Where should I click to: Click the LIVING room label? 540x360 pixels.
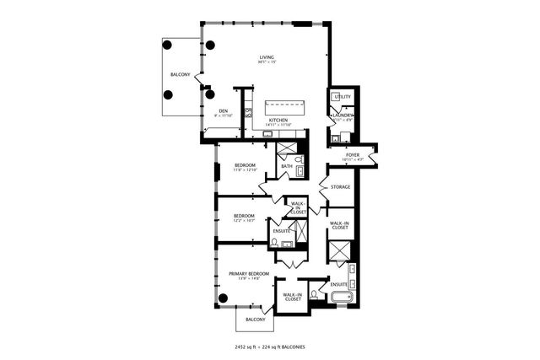click(267, 56)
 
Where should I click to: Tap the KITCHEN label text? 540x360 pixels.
click(278, 120)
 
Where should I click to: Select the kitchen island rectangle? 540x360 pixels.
click(289, 107)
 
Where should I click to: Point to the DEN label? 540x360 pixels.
click(224, 110)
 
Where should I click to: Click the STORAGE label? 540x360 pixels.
click(340, 186)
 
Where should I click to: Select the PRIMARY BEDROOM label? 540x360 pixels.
click(248, 274)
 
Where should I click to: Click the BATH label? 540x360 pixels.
click(287, 166)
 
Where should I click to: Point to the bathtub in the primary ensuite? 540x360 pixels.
click(341, 297)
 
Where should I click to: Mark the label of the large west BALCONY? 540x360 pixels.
click(180, 75)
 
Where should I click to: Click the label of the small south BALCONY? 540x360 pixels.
click(255, 320)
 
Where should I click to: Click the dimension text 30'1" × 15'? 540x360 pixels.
click(267, 62)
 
